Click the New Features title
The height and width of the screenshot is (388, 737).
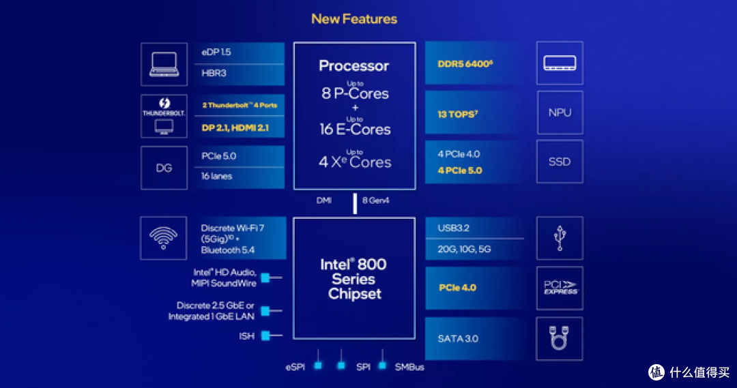354,19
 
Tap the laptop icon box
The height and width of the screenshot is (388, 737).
164,64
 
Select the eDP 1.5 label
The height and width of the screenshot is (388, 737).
216,52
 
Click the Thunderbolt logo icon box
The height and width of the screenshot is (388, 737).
164,116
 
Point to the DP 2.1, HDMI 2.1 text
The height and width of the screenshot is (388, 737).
235,128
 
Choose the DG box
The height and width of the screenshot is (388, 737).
164,168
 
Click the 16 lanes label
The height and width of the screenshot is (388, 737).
217,176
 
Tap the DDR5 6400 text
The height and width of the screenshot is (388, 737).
465,64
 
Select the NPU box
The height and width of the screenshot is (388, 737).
560,113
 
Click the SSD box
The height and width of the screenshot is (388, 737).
560,162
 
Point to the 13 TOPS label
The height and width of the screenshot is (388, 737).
457,114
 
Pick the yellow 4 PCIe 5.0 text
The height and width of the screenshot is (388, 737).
460,170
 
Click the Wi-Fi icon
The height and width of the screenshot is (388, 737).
164,238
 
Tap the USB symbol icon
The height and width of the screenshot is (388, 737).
560,238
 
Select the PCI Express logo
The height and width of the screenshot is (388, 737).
560,288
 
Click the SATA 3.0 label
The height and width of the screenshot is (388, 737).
458,339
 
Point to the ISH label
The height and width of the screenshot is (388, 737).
247,336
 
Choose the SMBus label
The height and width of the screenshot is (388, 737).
409,367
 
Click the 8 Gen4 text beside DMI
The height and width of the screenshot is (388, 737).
375,200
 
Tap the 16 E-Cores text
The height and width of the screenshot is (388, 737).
355,129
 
